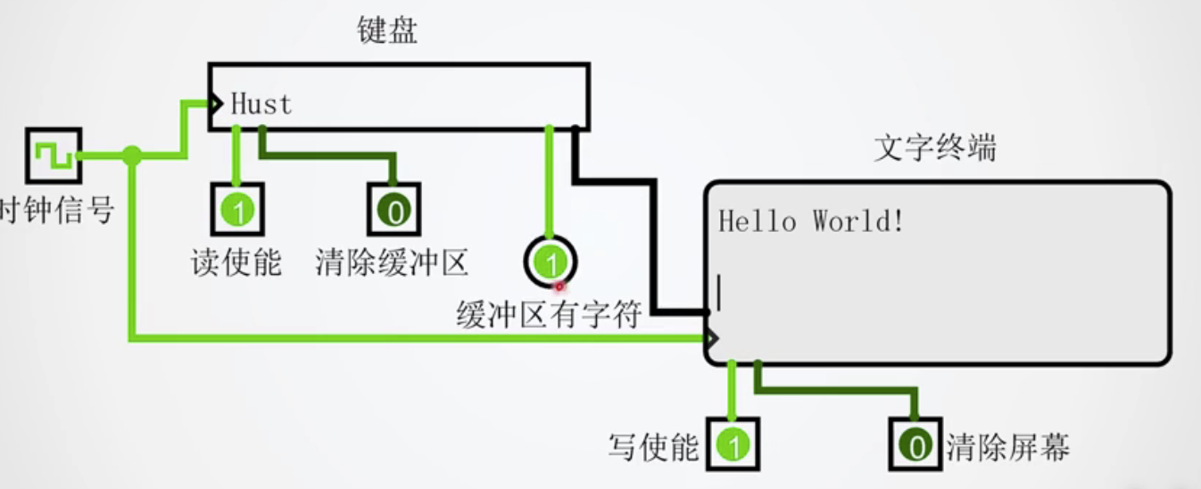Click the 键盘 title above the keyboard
pos(386,33)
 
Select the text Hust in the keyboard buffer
pos(261,104)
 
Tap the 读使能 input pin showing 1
pos(236,211)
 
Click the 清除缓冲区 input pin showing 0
pos(393,211)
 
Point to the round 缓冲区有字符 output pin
pos(551,262)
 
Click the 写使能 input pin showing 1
pos(733,444)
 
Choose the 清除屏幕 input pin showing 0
pos(915,444)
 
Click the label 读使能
pos(236,262)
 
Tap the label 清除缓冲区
pos(392,262)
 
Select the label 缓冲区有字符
pos(549,314)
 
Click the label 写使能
pos(653,446)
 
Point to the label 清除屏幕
pos(1007,446)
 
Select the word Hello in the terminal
pos(758,220)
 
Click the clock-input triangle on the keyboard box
pos(215,104)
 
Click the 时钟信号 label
pos(57,211)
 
